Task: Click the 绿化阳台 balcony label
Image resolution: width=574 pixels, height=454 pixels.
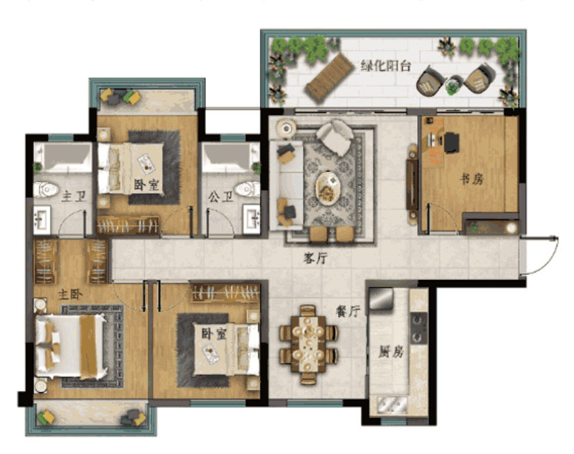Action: [x=386, y=66]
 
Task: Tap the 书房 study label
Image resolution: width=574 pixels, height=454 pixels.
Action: [x=471, y=179]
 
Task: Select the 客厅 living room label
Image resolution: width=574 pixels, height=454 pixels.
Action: [x=315, y=259]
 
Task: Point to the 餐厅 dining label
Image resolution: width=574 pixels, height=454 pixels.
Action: [x=348, y=311]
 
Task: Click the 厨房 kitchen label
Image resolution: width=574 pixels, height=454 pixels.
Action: [x=390, y=352]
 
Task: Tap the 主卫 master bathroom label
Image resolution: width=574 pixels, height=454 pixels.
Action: [x=74, y=197]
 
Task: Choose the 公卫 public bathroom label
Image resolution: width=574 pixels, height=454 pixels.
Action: [x=221, y=198]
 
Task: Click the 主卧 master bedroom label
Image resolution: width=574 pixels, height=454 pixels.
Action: [x=70, y=295]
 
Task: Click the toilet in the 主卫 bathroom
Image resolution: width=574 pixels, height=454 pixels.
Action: [x=46, y=190]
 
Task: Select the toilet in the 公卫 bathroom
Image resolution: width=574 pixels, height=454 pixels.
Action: [x=247, y=189]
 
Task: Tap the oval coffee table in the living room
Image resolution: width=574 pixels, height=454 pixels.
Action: [x=328, y=188]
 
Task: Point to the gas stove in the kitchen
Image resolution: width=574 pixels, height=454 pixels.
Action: [x=418, y=328]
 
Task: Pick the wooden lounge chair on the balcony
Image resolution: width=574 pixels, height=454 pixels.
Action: [x=329, y=78]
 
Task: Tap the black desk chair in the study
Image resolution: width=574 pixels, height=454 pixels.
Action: [x=452, y=142]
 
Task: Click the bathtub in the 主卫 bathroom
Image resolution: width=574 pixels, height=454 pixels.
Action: [x=62, y=157]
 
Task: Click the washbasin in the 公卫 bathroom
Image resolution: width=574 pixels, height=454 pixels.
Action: [x=253, y=219]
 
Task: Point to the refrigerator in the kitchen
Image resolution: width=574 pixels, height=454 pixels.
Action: [x=381, y=300]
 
